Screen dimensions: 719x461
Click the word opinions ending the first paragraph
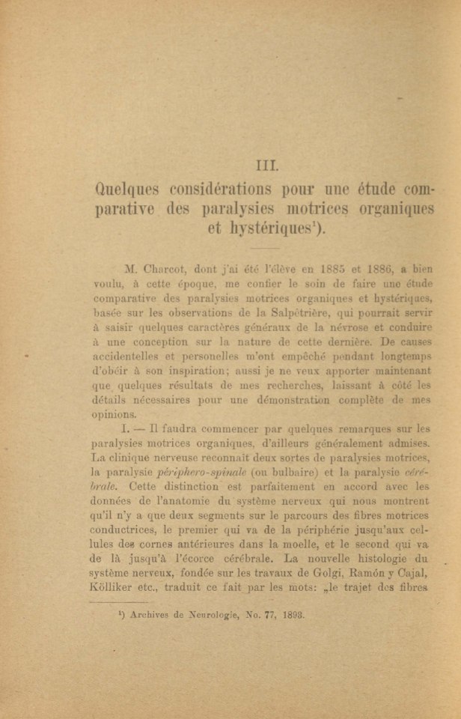pos(114,414)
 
